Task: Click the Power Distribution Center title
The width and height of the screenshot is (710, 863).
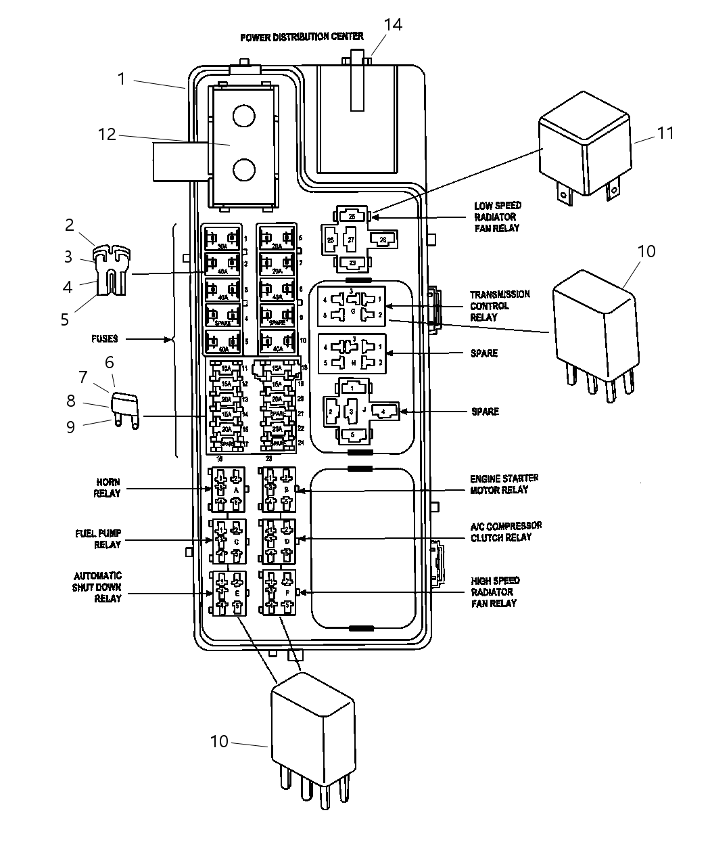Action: coord(302,37)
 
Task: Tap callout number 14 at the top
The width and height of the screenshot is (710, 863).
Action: coord(393,25)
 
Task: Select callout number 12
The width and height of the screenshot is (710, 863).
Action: coord(107,135)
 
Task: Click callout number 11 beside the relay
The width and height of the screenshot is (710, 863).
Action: coord(665,133)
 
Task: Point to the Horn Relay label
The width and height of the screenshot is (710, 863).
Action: coord(107,487)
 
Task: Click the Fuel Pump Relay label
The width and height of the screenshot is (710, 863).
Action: coord(98,539)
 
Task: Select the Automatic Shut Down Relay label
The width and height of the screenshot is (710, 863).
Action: coord(97,587)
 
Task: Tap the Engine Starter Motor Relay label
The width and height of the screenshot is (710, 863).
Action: coord(504,484)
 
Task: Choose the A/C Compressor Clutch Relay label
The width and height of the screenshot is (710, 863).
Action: coord(506,531)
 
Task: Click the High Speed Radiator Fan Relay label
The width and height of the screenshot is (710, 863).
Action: coord(495,592)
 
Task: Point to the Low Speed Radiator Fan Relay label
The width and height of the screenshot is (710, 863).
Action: coord(497,217)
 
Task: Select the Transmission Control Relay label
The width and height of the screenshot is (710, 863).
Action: coord(500,306)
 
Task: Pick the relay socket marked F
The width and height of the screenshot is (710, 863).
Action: coord(279,593)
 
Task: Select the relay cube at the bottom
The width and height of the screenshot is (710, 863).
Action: coord(312,734)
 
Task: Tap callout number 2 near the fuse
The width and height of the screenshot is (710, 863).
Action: coord(70,225)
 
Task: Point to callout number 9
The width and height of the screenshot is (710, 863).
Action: coord(70,427)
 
